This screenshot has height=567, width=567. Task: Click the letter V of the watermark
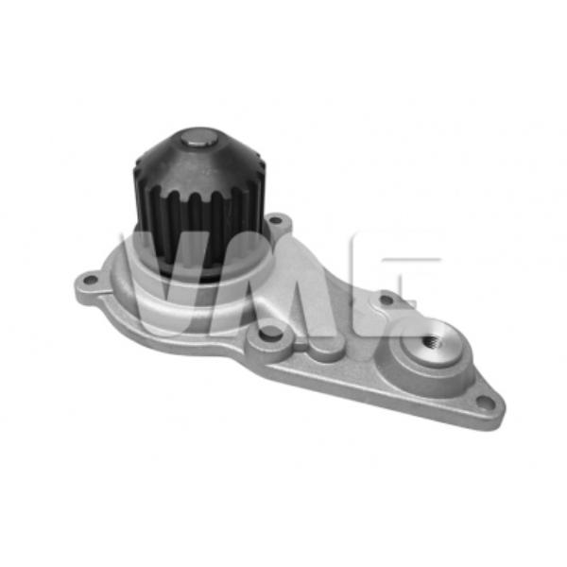[170, 283]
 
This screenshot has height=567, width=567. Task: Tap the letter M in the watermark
[283, 283]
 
